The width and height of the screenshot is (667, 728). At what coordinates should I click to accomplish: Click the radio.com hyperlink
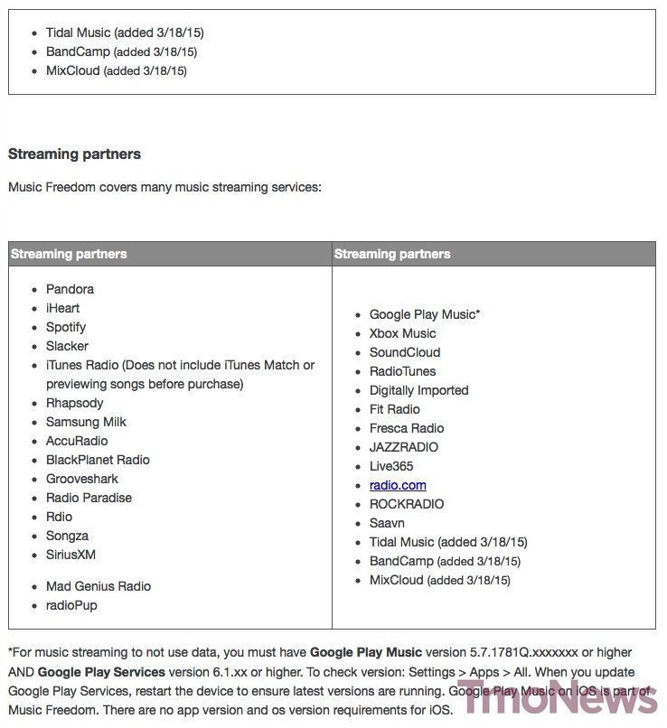coord(398,485)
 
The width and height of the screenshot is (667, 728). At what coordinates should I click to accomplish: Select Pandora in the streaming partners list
coord(70,289)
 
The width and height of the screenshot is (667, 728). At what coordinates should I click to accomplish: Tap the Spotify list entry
coord(66,327)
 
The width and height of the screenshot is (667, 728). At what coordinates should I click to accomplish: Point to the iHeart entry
coord(63,308)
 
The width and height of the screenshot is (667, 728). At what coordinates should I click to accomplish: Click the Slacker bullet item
coord(67,346)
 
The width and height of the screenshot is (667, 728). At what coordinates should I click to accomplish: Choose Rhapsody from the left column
coord(75,403)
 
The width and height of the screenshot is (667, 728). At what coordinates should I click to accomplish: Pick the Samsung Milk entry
coord(86,422)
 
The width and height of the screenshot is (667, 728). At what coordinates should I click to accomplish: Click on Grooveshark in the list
coord(82,479)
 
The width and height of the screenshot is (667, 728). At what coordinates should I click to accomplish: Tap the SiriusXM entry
coord(70,555)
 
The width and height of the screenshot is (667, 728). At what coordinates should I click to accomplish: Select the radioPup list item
coord(71,605)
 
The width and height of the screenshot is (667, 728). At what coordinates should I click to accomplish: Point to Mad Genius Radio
coord(99,586)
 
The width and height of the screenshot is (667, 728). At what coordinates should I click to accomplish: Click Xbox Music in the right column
coord(402,333)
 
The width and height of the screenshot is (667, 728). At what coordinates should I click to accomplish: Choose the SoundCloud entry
coord(405,352)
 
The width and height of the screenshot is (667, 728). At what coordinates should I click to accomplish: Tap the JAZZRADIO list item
coord(404,447)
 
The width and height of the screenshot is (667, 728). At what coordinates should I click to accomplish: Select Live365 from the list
coord(391,466)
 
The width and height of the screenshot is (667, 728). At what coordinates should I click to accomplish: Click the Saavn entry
coord(387,523)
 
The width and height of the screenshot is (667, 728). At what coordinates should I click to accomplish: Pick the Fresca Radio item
coord(407,428)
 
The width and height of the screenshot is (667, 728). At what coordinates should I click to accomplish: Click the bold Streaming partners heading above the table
coord(74,154)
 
